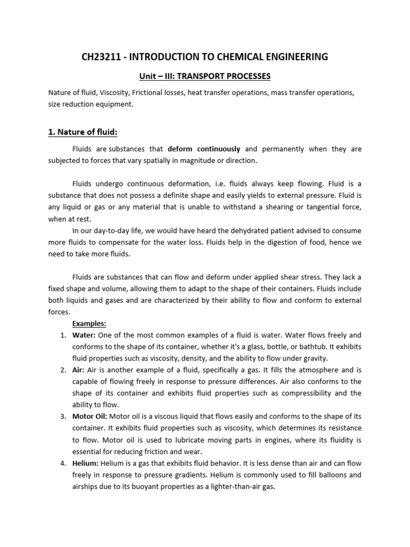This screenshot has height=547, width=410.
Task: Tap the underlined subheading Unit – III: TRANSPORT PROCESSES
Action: (204, 76)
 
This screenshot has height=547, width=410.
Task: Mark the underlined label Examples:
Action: (89, 323)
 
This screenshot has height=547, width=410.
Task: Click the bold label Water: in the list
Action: (84, 335)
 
